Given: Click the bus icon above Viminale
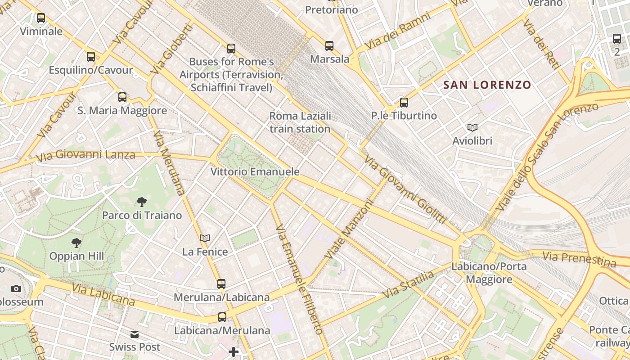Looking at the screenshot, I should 41,18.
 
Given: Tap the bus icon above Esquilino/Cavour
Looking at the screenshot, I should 91,57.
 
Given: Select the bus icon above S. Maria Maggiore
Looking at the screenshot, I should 122,97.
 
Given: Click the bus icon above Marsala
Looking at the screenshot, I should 329,45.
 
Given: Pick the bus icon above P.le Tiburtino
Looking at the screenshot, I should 404,103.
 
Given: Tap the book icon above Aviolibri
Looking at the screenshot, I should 472,128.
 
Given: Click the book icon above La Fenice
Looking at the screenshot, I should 205,238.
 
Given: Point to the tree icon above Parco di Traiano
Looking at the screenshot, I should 142,202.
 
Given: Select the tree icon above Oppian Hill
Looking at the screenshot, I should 76,243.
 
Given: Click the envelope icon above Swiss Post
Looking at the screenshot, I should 135,334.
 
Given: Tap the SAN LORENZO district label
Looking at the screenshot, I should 487,85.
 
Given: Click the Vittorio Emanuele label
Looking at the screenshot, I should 255,172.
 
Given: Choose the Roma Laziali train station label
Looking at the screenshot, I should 300,122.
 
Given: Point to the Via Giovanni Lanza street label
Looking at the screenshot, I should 85,156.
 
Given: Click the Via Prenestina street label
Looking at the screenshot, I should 579,259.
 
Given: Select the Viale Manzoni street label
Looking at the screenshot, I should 350,230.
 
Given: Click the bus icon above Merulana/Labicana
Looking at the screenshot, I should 221,284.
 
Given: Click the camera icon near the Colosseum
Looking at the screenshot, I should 16,288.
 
